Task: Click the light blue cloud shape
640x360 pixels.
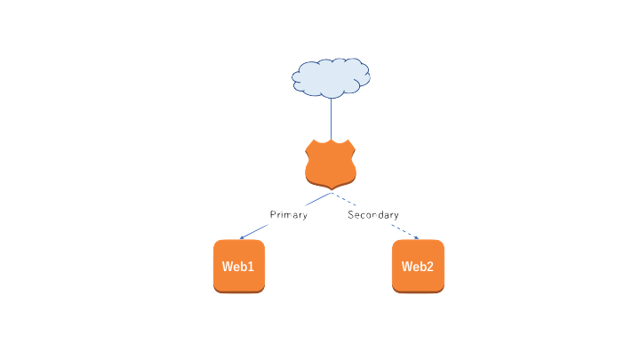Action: tap(331, 77)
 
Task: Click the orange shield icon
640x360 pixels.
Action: tap(331, 164)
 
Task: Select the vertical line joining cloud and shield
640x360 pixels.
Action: tap(331, 117)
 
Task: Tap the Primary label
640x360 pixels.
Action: tap(289, 215)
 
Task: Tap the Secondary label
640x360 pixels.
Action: tap(373, 215)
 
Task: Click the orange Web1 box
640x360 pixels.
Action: tap(239, 266)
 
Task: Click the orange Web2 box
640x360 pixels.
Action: tap(418, 266)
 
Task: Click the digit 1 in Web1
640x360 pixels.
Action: tap(252, 267)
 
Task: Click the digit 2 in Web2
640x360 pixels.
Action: tap(430, 267)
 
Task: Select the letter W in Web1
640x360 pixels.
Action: tap(228, 267)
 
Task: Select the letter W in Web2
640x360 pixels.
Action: tap(407, 267)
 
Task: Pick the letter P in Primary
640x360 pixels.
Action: tap(273, 215)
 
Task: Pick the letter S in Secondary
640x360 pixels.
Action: tap(351, 215)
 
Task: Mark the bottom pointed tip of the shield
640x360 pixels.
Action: tap(332, 190)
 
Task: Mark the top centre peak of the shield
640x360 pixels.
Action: tap(331, 139)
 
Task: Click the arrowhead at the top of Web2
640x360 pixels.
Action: tap(415, 237)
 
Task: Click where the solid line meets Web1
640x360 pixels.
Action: tap(241, 238)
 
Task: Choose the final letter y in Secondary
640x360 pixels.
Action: tap(396, 216)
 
